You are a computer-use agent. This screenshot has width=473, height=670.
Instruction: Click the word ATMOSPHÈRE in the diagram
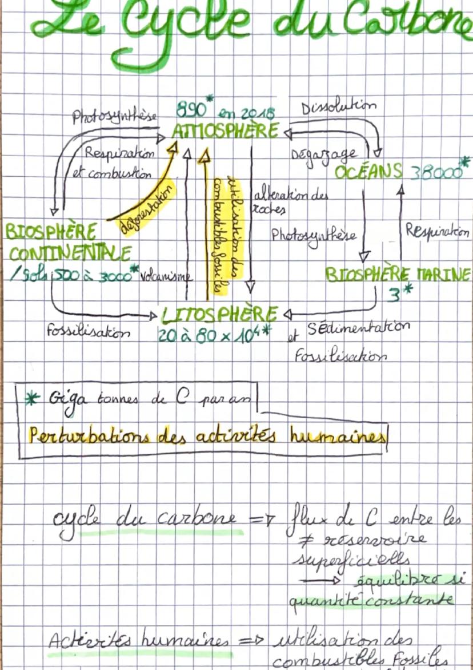click(x=225, y=130)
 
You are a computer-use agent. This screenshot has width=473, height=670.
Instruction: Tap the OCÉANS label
click(x=369, y=171)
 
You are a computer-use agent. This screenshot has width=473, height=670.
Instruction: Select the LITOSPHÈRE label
click(x=220, y=314)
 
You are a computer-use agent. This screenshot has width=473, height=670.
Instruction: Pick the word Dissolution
click(x=338, y=108)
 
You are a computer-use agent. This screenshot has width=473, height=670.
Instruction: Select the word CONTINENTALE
click(x=70, y=252)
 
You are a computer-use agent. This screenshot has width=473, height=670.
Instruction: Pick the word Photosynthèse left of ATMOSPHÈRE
click(x=114, y=118)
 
